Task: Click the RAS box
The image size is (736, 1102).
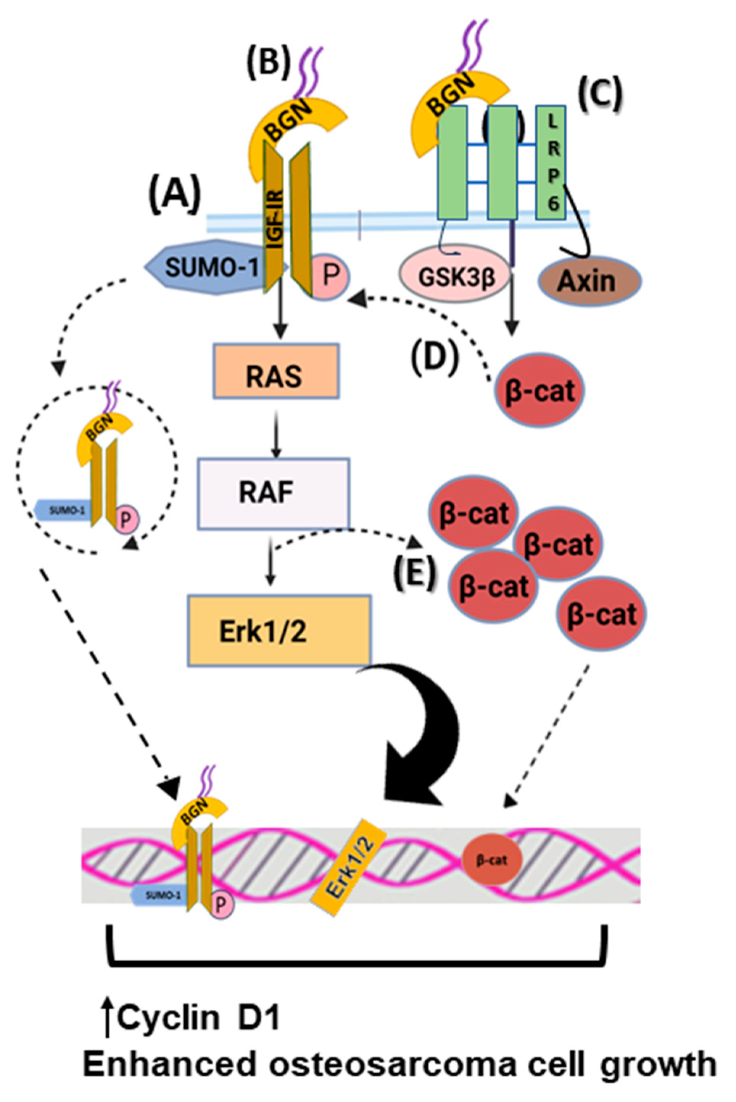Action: tap(276, 371)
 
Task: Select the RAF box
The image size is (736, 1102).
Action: tap(273, 493)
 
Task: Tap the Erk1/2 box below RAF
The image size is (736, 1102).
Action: tap(279, 631)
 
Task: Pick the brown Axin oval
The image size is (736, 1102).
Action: tap(589, 282)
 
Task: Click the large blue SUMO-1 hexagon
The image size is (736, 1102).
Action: tap(211, 267)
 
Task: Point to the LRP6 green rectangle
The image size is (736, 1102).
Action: tap(551, 162)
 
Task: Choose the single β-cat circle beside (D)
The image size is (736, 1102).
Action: tap(540, 390)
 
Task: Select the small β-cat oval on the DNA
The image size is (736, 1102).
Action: tap(491, 861)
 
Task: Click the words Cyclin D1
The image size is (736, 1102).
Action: tap(198, 1018)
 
